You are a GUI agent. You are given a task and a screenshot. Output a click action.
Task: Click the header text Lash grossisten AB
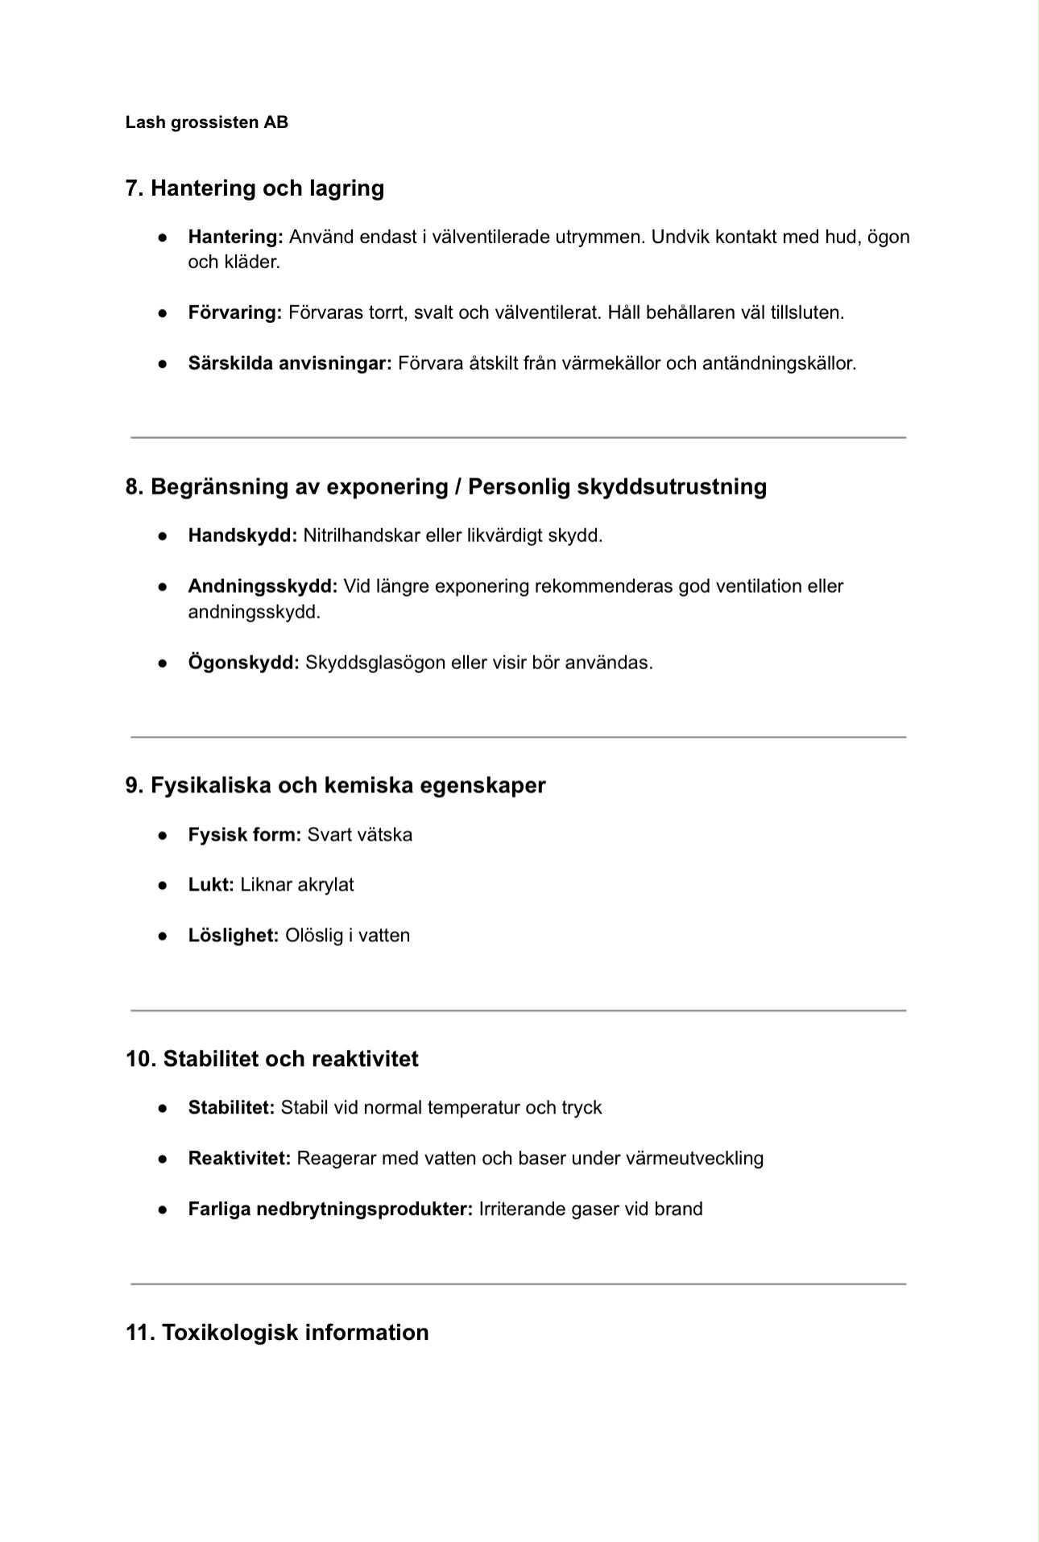(x=206, y=122)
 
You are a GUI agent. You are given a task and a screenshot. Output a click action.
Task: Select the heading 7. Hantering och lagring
(x=255, y=188)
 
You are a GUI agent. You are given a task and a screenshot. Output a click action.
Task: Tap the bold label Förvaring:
(x=234, y=312)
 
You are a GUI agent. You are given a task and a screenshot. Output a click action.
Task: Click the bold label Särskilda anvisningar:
(x=289, y=363)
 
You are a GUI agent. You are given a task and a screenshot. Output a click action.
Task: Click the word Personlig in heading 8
(x=519, y=486)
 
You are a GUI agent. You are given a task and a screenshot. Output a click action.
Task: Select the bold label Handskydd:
(x=242, y=535)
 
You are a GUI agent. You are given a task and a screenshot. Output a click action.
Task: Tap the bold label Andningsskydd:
(x=263, y=586)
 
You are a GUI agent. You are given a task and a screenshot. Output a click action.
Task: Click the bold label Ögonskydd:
(x=243, y=663)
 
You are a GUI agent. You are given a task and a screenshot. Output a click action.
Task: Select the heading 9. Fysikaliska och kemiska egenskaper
(x=335, y=785)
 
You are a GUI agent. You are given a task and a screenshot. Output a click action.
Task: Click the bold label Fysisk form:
(x=244, y=834)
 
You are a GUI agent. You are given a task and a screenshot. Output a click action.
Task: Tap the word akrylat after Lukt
(x=325, y=885)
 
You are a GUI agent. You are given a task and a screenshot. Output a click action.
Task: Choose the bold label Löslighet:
(x=233, y=936)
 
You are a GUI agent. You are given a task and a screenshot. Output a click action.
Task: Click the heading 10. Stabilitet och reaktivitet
(x=271, y=1059)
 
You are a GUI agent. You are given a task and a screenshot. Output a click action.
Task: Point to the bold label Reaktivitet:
(x=238, y=1159)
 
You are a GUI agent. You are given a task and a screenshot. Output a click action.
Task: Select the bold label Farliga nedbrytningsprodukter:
(x=330, y=1209)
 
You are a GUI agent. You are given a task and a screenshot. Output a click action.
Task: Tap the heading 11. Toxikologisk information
(x=276, y=1333)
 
